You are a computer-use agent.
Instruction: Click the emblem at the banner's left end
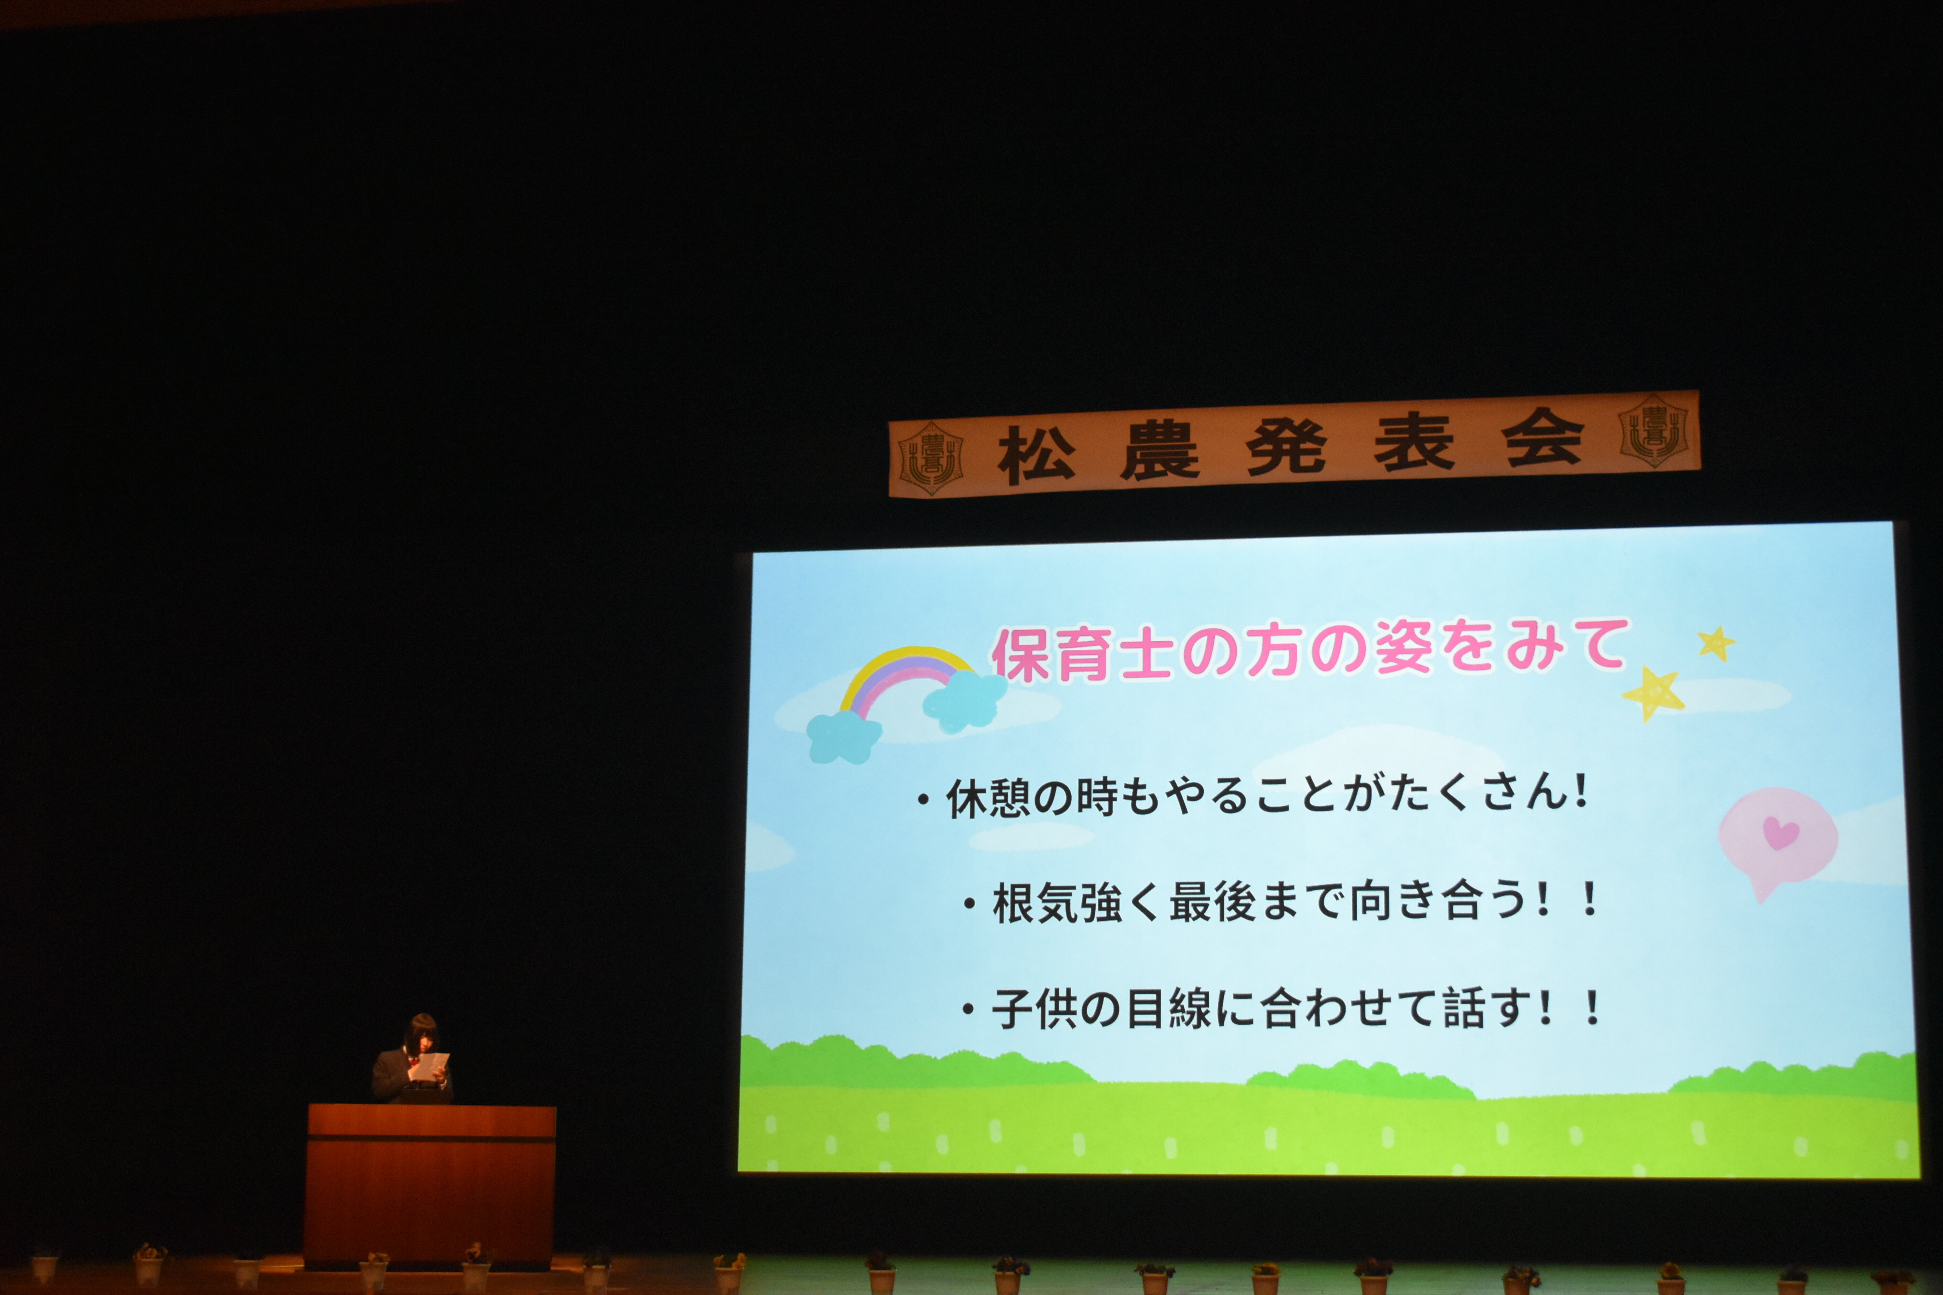point(931,458)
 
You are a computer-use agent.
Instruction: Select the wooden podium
point(430,1186)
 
